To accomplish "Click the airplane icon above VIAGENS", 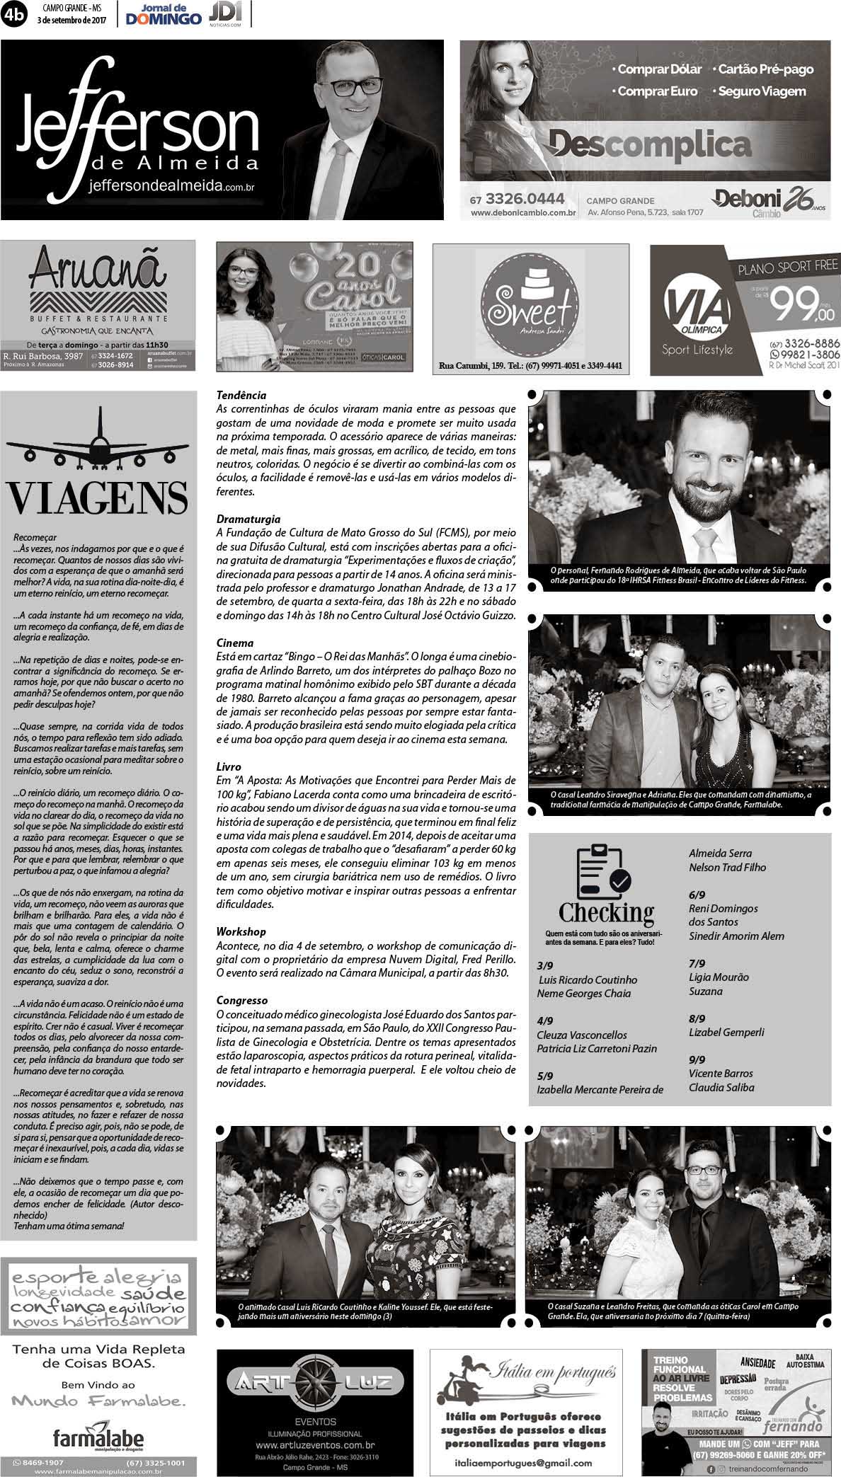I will (x=98, y=444).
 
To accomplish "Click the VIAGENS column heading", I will (x=98, y=498).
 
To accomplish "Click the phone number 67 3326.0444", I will (x=517, y=199).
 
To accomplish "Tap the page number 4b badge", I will (x=13, y=15).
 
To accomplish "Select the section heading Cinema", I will (x=234, y=643).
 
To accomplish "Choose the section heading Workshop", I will (x=241, y=932).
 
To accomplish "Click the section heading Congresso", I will (x=242, y=1001).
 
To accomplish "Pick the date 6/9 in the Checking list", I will (x=697, y=895).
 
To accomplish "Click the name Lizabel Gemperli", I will (x=726, y=1033).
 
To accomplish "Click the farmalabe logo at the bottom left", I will (x=98, y=1437).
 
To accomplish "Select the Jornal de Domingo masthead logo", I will (x=164, y=14).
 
